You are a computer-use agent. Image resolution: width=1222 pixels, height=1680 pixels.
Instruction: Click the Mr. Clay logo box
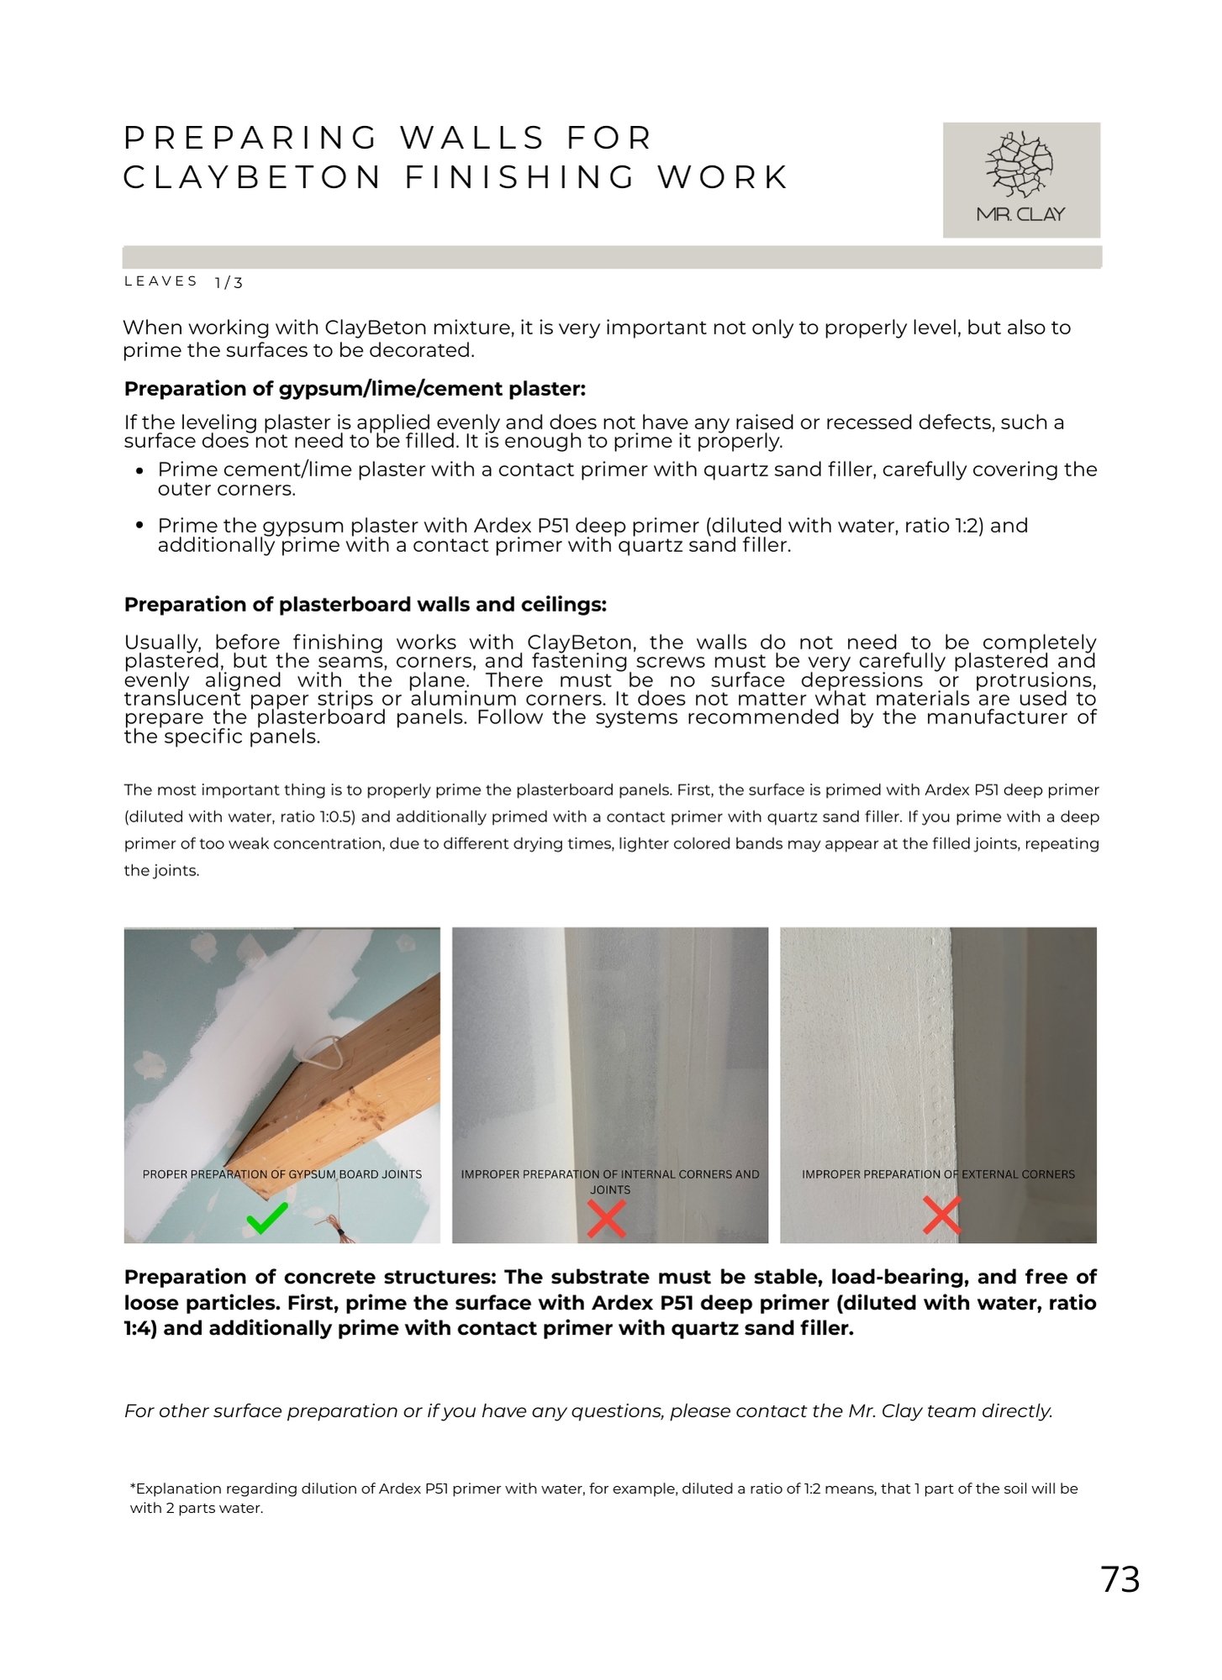(1020, 180)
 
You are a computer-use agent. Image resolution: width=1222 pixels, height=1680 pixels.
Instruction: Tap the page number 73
(1119, 1579)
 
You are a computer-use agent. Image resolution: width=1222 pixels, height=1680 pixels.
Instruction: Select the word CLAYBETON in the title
(252, 178)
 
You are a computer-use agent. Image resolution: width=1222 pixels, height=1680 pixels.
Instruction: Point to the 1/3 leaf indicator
(229, 283)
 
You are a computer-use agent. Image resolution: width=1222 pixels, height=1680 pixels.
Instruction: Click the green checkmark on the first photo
(267, 1217)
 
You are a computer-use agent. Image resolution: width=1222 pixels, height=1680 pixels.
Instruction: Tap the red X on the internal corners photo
(607, 1219)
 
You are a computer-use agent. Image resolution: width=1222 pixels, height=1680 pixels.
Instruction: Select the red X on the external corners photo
(941, 1215)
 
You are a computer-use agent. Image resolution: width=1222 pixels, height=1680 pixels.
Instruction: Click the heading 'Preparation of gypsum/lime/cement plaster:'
(355, 389)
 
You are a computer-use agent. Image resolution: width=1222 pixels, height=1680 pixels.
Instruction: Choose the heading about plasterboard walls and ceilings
(365, 605)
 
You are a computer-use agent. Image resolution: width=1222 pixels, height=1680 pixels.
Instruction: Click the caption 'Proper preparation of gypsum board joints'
(282, 1174)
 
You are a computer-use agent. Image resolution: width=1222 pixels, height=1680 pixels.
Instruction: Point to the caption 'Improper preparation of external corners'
(938, 1174)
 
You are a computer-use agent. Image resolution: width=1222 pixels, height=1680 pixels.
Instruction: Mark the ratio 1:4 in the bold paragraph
(139, 1329)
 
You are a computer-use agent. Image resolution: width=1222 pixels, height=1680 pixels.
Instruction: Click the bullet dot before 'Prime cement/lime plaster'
(140, 471)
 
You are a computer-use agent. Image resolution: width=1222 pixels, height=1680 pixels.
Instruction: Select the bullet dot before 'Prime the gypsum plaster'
(140, 526)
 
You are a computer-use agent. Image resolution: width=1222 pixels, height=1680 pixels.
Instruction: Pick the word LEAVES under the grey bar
(161, 281)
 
